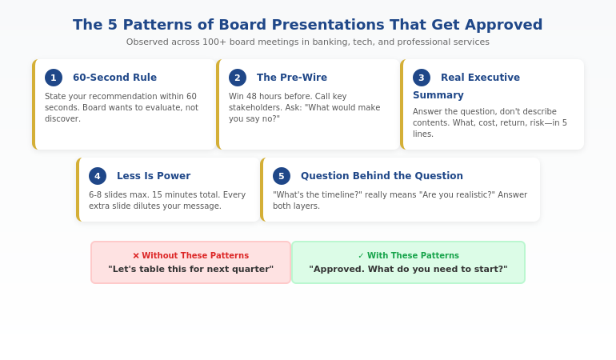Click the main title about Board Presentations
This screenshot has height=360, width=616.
307,25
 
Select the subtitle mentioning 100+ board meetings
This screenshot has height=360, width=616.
307,42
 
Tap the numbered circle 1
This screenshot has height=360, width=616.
54,78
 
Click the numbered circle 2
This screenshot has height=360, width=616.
238,78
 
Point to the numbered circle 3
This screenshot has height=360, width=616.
422,78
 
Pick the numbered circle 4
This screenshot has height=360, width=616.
98,176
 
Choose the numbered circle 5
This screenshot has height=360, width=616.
282,176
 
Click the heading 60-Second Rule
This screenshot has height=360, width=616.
114,78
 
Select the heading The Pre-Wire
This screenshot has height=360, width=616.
292,78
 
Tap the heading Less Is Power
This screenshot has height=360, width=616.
154,176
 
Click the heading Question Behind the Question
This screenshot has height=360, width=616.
382,176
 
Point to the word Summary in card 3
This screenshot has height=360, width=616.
438,95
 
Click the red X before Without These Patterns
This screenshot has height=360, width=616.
136,256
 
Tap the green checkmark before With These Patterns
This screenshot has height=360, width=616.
361,256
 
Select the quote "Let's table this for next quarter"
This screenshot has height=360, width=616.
190,270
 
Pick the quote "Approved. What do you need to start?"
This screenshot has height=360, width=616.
408,270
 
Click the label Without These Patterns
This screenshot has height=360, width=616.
195,256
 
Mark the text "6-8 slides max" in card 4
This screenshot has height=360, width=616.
118,194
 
